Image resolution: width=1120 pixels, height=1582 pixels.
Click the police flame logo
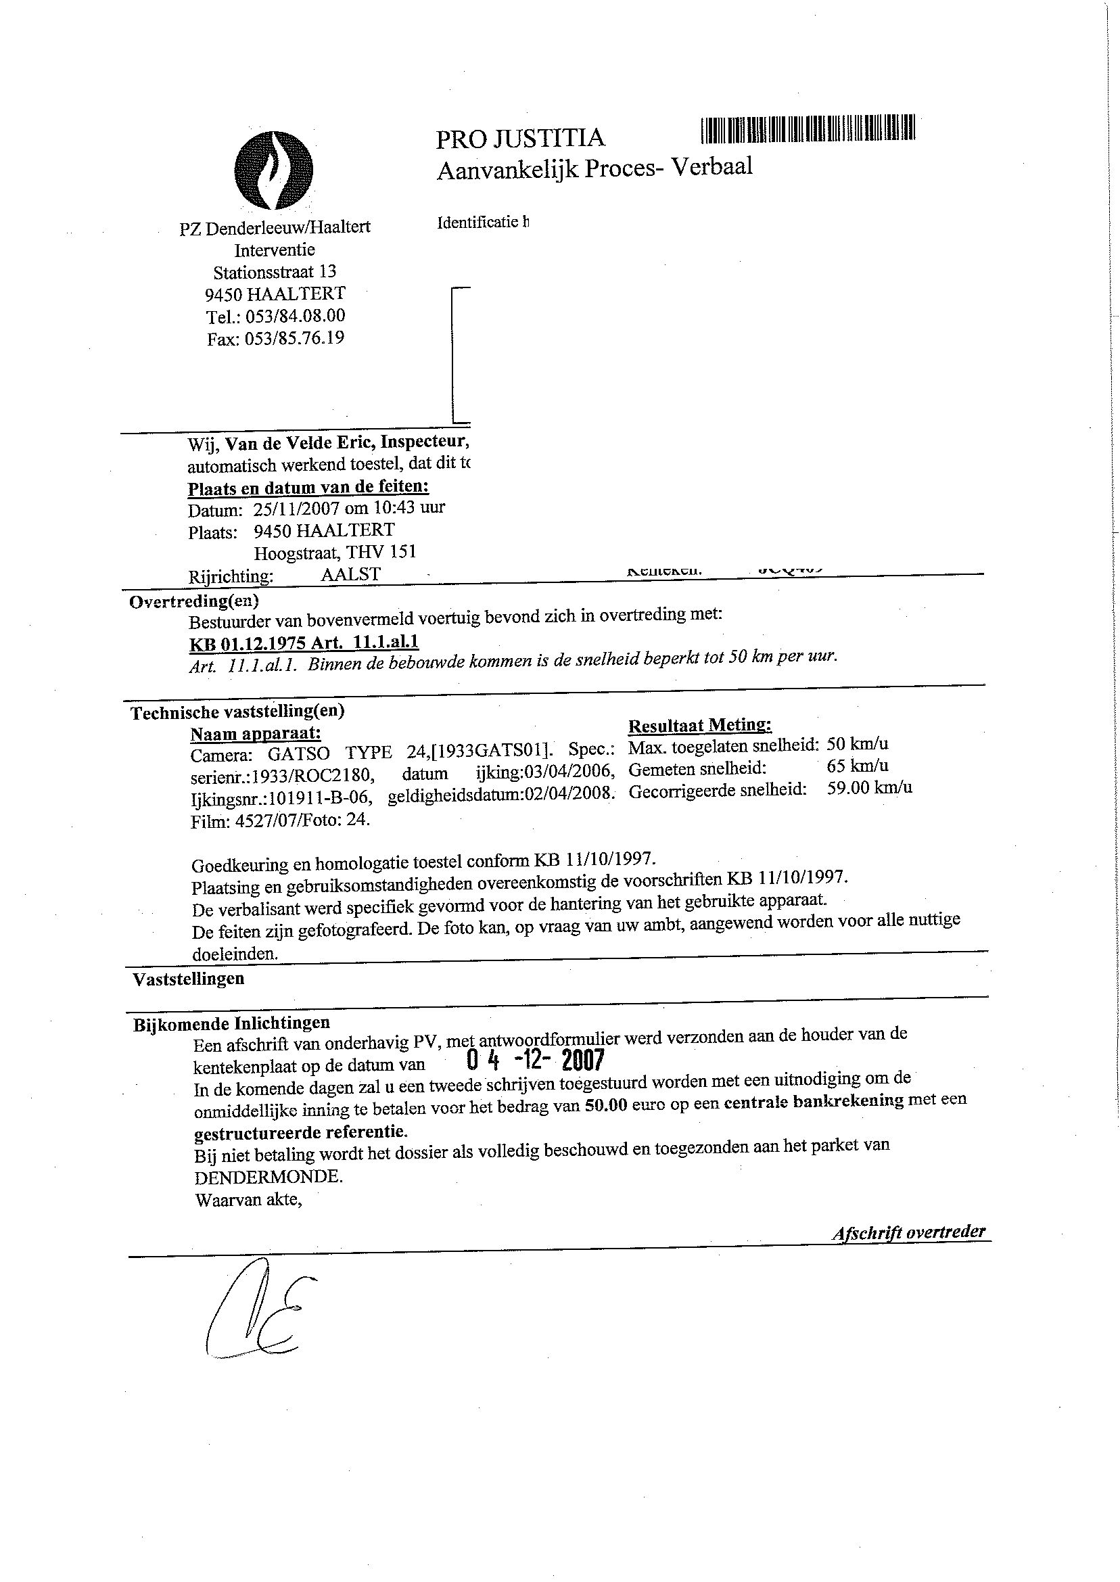point(274,170)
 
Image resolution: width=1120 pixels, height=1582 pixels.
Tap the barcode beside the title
point(808,129)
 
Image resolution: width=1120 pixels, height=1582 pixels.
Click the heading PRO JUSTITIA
point(520,139)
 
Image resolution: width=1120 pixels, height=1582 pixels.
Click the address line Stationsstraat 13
point(275,272)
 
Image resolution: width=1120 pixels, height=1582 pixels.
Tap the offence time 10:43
point(373,508)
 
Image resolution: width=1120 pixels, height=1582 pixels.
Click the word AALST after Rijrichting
point(350,574)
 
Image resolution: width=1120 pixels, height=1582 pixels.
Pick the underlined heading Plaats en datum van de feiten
point(308,488)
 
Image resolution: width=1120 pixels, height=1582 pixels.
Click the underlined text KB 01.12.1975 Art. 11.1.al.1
point(304,643)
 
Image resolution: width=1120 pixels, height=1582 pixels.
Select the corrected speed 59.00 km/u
point(869,787)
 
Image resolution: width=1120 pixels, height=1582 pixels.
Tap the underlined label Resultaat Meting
point(699,726)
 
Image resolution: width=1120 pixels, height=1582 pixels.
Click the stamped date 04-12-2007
point(535,1060)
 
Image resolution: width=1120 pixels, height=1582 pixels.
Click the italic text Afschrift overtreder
point(908,1232)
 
